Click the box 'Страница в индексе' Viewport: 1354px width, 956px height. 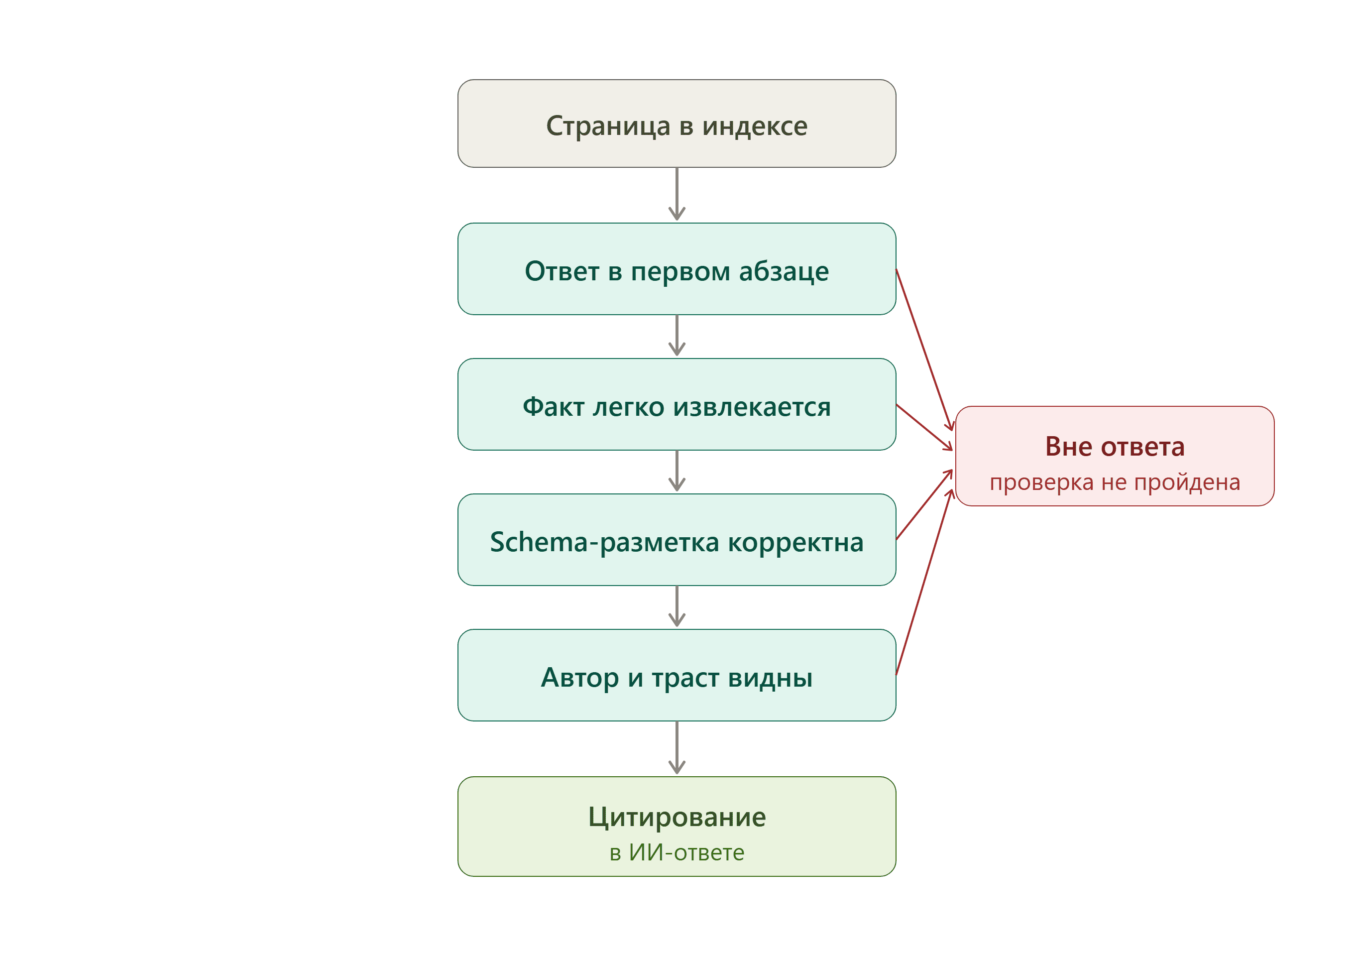pos(677,123)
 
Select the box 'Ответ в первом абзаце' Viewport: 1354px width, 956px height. pos(677,269)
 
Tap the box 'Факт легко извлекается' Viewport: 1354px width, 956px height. pos(677,405)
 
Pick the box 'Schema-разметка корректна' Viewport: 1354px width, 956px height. pos(677,540)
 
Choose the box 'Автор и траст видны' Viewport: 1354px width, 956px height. pos(677,675)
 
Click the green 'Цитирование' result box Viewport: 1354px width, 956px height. pos(677,827)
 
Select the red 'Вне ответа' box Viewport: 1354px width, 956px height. pos(1115,456)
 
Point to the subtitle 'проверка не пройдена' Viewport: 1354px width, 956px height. pos(1115,482)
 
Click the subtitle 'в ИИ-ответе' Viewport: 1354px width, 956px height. pos(677,853)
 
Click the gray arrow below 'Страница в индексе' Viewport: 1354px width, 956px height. pos(677,194)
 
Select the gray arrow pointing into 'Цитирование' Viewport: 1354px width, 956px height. pos(677,748)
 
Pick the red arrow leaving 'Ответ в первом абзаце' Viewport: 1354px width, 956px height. pos(924,350)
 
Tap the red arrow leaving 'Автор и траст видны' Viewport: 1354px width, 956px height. pos(924,582)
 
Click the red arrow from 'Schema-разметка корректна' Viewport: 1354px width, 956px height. pos(924,505)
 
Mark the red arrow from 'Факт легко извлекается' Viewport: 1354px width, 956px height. pos(924,428)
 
